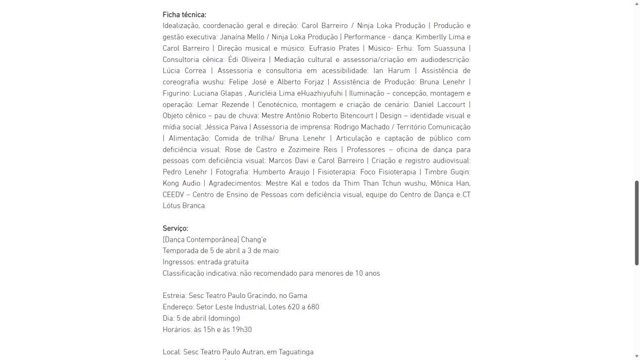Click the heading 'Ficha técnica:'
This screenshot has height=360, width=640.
[184, 14]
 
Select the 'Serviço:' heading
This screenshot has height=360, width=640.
[175, 228]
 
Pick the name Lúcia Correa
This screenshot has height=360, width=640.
[184, 70]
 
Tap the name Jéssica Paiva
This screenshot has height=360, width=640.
[226, 127]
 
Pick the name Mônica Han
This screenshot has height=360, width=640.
[453, 183]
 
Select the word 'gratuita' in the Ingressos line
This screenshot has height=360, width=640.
[236, 262]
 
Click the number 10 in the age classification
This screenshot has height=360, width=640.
[359, 273]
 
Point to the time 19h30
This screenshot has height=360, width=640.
[242, 330]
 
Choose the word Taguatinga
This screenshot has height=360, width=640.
[296, 352]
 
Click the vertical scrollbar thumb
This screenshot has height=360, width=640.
[636, 223]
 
